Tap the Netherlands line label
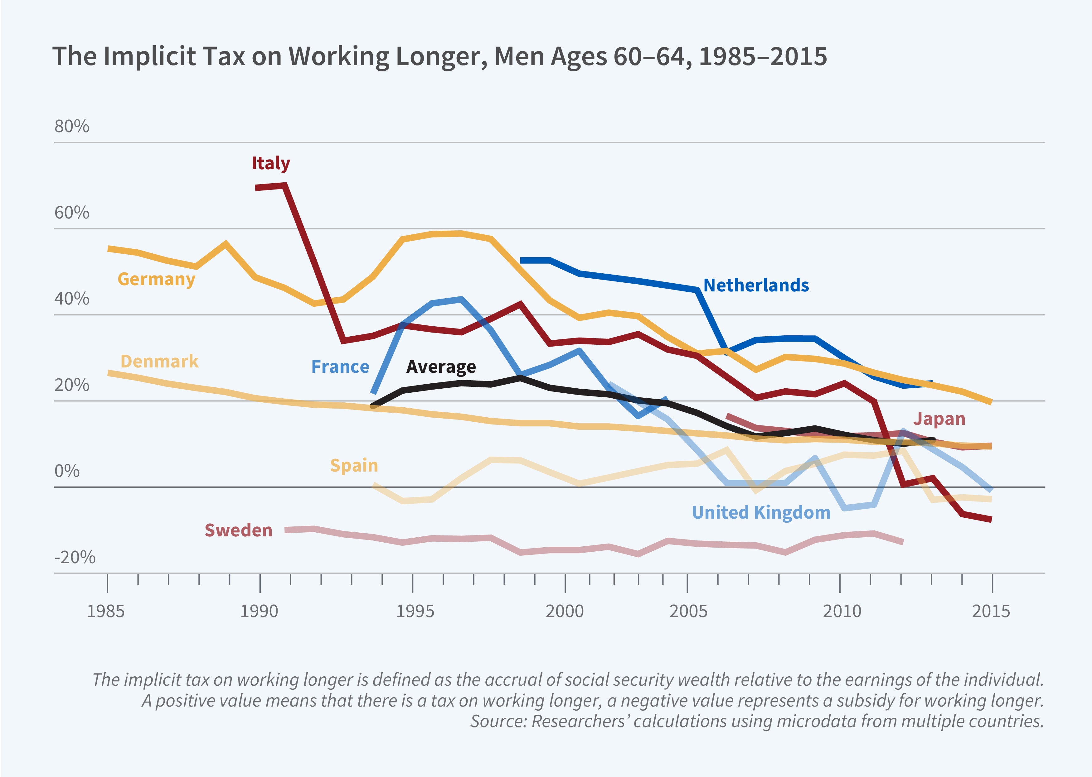(756, 285)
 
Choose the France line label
(340, 367)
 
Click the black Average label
(441, 367)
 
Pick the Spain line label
(354, 465)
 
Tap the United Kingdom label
(761, 512)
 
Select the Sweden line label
(238, 530)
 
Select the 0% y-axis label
(67, 471)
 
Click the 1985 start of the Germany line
(109, 248)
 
